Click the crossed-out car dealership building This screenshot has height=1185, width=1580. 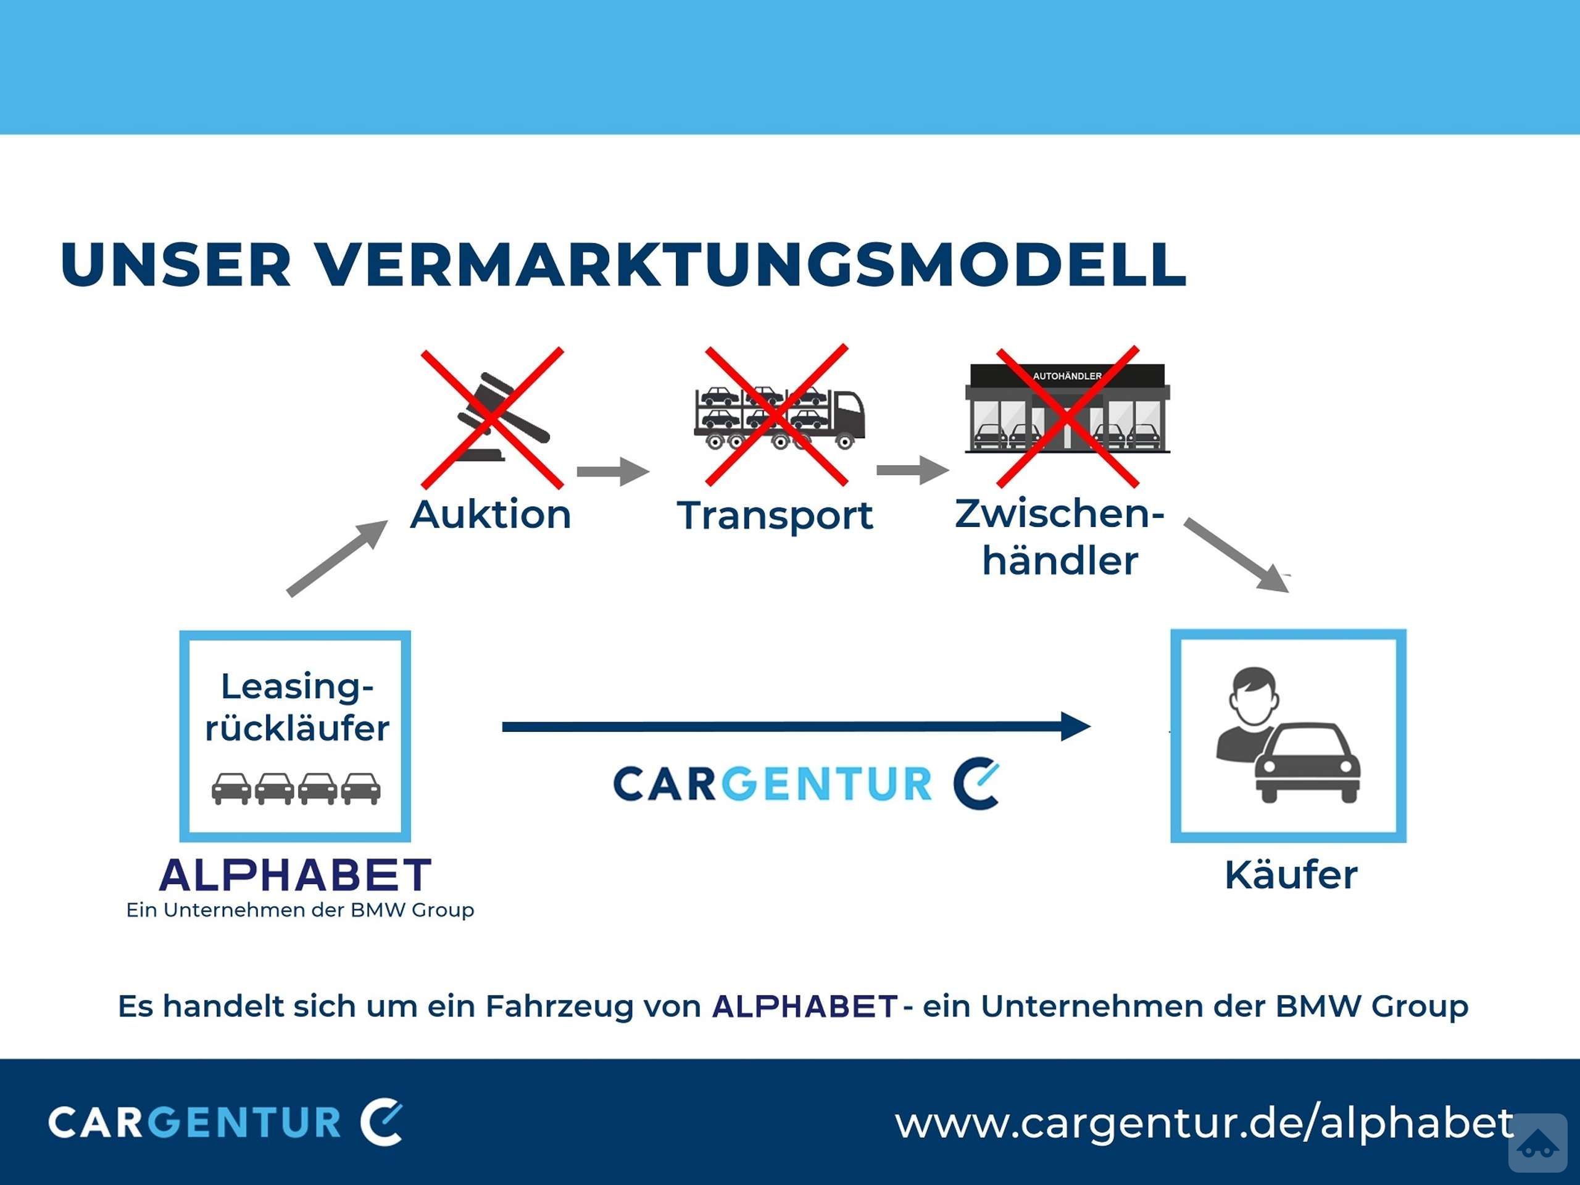pyautogui.click(x=1067, y=409)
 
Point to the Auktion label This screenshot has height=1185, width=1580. pyautogui.click(x=491, y=514)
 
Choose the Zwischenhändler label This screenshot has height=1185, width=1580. pyautogui.click(x=1060, y=536)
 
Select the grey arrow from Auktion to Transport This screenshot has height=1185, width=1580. pyautogui.click(x=613, y=472)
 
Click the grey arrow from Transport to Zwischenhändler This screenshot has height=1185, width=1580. pyautogui.click(x=913, y=470)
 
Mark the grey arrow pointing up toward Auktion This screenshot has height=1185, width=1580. pyautogui.click(x=337, y=558)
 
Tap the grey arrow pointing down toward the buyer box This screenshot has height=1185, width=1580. pyautogui.click(x=1236, y=555)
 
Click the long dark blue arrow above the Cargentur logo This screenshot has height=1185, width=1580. pyautogui.click(x=796, y=726)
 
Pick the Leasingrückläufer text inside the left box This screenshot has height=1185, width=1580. pyautogui.click(x=297, y=708)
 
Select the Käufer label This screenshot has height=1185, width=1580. pyautogui.click(x=1291, y=875)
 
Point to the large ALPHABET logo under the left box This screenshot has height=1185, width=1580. pyautogui.click(x=296, y=875)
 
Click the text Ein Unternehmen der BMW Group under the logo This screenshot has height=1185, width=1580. pyautogui.click(x=300, y=910)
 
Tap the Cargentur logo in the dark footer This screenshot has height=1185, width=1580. pyautogui.click(x=226, y=1122)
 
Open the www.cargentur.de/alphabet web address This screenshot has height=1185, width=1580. pyautogui.click(x=1204, y=1123)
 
